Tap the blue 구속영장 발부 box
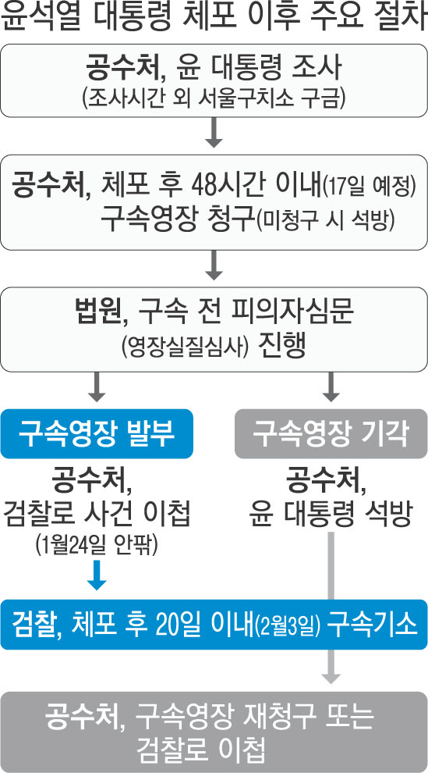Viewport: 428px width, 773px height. coord(97,434)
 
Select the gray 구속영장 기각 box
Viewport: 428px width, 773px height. coord(331,434)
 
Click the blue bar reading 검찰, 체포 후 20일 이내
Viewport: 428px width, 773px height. coord(214,624)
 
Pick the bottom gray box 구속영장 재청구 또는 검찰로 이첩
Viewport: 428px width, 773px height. coord(214,732)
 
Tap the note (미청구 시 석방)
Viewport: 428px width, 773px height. coord(325,222)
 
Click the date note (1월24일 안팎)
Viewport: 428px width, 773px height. coord(97,547)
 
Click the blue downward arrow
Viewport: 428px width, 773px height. coord(97,575)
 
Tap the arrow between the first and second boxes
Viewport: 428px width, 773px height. coord(214,132)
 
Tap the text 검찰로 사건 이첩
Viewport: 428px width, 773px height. coord(97,518)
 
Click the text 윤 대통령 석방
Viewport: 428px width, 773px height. coord(331,518)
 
